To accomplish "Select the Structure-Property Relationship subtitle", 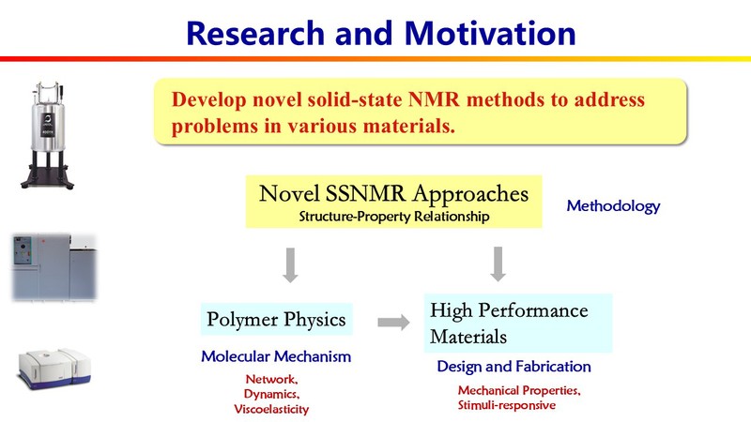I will [x=393, y=217].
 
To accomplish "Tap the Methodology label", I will [x=613, y=205].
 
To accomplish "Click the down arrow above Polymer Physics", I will [x=290, y=265].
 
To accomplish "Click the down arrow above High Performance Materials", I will [x=498, y=265].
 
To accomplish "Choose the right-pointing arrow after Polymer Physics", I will [x=392, y=323].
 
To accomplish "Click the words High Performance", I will [x=508, y=309].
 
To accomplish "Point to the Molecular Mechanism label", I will [x=276, y=356].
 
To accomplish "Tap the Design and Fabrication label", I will [x=513, y=367].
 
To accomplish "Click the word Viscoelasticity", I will [x=271, y=410].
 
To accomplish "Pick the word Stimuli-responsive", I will [x=507, y=405].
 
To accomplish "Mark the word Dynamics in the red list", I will [x=273, y=395].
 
